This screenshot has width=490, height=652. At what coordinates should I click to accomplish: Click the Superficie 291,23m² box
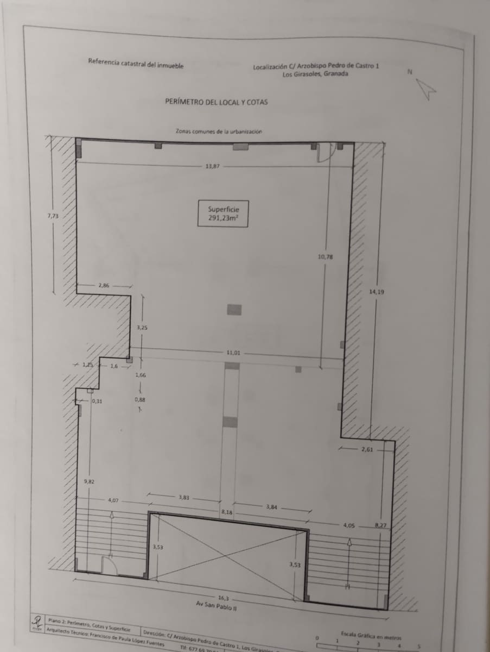pyautogui.click(x=222, y=213)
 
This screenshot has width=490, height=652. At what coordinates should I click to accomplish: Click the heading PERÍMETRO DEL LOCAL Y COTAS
pyautogui.click(x=217, y=102)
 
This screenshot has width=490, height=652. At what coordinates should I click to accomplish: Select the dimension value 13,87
pyautogui.click(x=212, y=166)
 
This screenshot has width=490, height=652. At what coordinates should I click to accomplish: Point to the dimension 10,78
pyautogui.click(x=325, y=256)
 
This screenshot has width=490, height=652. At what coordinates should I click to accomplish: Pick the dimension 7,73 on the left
pyautogui.click(x=53, y=216)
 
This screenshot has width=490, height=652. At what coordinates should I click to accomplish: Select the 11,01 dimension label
pyautogui.click(x=233, y=353)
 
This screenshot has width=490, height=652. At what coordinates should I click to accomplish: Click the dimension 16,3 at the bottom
pyautogui.click(x=223, y=598)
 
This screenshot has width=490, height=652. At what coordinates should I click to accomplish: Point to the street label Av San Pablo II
pyautogui.click(x=217, y=606)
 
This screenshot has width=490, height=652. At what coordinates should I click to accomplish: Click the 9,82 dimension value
pyautogui.click(x=90, y=481)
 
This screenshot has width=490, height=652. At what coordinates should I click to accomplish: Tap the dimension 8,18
pyautogui.click(x=227, y=512)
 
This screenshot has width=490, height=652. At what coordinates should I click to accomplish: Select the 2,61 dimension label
pyautogui.click(x=367, y=449)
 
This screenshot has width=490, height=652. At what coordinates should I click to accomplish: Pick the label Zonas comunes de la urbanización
pyautogui.click(x=219, y=131)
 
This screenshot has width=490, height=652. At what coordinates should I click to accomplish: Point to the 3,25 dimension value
pyautogui.click(x=142, y=328)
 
